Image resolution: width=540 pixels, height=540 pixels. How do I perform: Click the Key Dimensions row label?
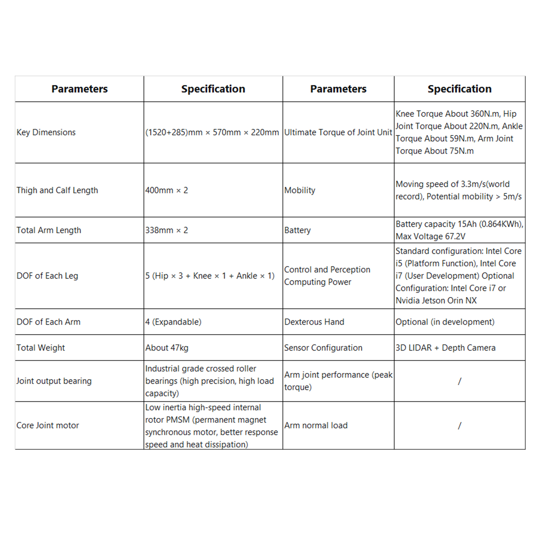(x=46, y=132)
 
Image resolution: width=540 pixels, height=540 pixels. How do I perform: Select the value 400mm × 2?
(x=167, y=190)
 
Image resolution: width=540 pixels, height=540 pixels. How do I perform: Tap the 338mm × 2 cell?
(x=167, y=230)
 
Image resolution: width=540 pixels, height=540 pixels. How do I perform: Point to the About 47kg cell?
(x=167, y=348)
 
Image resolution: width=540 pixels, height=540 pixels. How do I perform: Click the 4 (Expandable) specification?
(x=173, y=322)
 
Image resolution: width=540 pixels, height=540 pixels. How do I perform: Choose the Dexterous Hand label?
(x=314, y=322)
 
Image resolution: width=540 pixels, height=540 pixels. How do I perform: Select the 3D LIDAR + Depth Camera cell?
(x=445, y=348)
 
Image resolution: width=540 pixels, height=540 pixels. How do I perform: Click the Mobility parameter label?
(x=300, y=190)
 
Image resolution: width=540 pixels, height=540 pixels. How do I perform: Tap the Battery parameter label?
(x=297, y=230)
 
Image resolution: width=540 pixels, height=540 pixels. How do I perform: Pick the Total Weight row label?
(x=41, y=348)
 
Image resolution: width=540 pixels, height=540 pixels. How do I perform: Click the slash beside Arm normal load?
(x=459, y=426)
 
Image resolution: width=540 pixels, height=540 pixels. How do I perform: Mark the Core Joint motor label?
(x=48, y=426)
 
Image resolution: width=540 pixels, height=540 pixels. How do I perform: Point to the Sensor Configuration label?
(x=323, y=348)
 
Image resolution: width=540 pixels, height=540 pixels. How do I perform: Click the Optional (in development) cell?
(x=445, y=322)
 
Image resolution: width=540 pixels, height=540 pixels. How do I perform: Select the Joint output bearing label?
(x=54, y=381)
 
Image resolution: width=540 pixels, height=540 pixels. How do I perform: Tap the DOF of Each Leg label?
(x=47, y=276)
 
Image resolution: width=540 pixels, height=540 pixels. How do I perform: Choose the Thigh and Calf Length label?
(x=57, y=190)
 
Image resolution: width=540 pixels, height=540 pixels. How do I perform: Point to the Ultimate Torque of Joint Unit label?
(x=338, y=132)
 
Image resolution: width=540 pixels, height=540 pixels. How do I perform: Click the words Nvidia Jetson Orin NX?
(x=436, y=301)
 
